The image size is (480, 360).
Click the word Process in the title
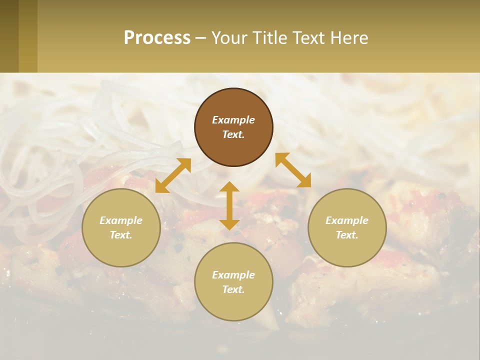tap(157, 38)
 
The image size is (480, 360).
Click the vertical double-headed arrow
tap(229, 205)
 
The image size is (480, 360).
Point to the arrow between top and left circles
tap(173, 175)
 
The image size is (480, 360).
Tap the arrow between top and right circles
tap(293, 170)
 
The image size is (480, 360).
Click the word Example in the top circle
tap(233, 120)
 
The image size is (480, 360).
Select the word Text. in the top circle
tap(233, 134)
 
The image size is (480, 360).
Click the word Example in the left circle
tap(121, 220)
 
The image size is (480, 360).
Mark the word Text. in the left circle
tap(121, 235)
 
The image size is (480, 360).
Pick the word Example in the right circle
tap(347, 220)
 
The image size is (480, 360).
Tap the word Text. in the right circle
tap(347, 235)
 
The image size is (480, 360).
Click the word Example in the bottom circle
tap(233, 275)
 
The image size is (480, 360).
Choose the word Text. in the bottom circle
tap(233, 289)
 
